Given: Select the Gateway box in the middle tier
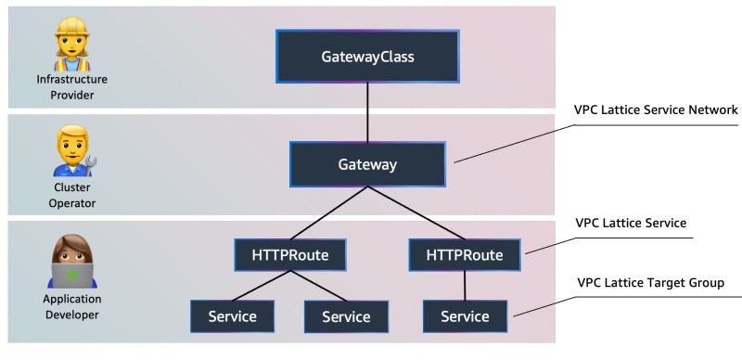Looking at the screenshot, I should click(x=367, y=164).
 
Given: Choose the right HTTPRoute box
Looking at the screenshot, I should click(x=464, y=254).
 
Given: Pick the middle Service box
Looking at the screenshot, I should click(x=346, y=315).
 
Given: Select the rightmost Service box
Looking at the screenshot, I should click(x=464, y=315).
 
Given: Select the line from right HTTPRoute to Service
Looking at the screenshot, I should click(x=464, y=285).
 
